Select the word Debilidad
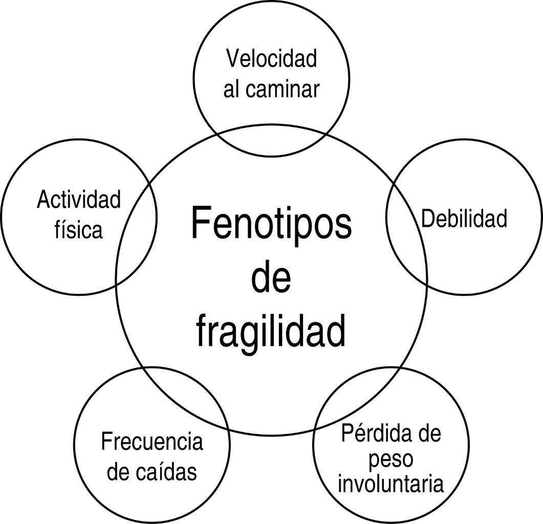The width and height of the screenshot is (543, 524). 464,219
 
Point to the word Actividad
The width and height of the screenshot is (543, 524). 79,200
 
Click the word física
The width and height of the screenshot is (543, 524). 79,230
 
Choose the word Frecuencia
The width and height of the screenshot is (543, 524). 152,442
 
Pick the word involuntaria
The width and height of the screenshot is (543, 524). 390,484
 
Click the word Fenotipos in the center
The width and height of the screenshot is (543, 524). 272,224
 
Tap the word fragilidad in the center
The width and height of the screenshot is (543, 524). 272,331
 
